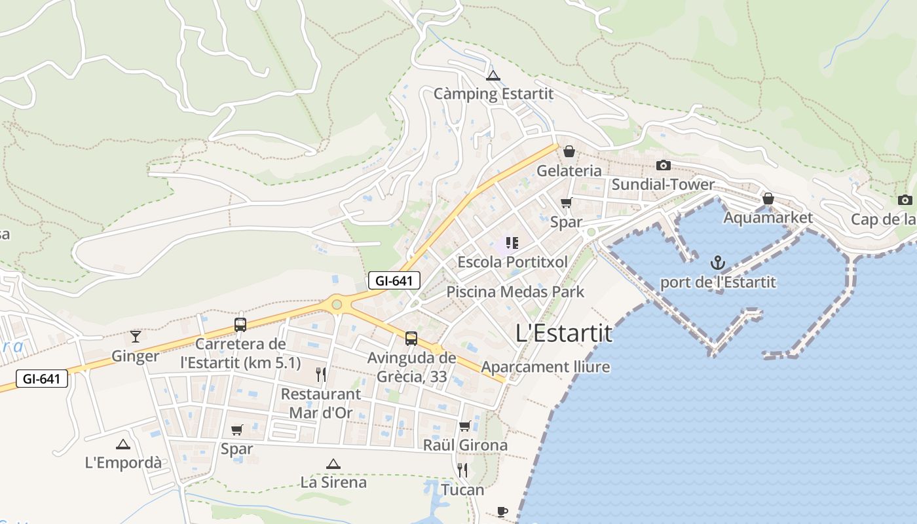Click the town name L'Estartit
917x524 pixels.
click(564, 333)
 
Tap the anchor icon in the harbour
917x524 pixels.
click(719, 263)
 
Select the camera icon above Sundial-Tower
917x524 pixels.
click(664, 165)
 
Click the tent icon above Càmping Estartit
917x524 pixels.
click(493, 75)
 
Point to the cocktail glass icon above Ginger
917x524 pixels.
click(136, 337)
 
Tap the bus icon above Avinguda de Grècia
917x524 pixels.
click(411, 339)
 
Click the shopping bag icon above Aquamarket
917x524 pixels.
click(768, 198)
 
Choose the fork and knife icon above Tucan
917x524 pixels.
click(462, 470)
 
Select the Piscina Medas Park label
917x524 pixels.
click(515, 291)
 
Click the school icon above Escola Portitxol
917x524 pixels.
click(512, 244)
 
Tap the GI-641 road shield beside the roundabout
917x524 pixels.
click(394, 281)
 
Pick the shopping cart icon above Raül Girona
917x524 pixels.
click(465, 426)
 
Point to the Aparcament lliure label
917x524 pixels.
click(546, 367)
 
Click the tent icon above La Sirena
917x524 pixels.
click(333, 464)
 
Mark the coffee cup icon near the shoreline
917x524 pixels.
click(502, 511)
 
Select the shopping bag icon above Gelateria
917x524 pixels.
click(569, 151)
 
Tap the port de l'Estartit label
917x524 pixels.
click(718, 282)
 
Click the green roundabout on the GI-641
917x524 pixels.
click(337, 304)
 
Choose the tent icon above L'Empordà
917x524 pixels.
click(123, 444)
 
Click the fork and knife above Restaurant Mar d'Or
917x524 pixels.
click(321, 375)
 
